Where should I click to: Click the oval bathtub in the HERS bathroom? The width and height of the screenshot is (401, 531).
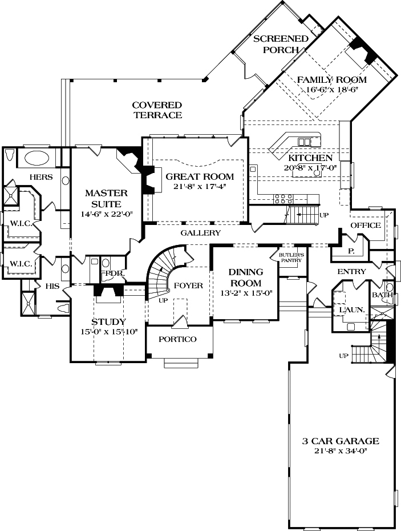pos(35,158)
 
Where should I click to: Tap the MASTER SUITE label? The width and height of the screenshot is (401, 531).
pos(106,198)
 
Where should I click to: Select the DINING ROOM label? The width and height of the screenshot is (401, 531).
pos(246,277)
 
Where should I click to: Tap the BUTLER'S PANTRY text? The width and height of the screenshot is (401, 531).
pos(290,257)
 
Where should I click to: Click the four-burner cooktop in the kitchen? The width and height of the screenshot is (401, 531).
pos(283,199)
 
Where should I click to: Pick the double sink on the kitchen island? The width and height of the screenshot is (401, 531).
pos(305,142)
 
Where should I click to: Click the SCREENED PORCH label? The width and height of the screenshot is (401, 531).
pos(281,44)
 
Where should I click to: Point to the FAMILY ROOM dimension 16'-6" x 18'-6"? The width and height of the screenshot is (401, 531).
pos(331,90)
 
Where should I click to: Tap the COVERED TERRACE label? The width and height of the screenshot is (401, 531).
pos(157,110)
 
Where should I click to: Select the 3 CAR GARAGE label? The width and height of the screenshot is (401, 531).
pos(341,441)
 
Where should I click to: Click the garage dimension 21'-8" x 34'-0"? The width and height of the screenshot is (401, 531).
pos(341,451)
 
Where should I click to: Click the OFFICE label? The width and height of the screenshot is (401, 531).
pos(365,226)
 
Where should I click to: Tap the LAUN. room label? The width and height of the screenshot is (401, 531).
pos(348,310)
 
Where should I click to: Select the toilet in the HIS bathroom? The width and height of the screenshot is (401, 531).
pos(63,308)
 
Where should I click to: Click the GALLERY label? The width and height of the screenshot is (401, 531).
pos(200,233)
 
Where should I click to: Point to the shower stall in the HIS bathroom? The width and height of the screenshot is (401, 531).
pos(27,300)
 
